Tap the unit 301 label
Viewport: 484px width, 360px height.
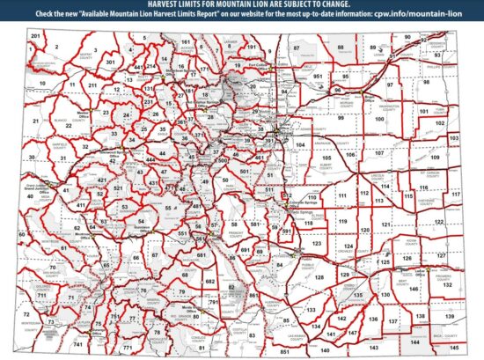coord(110,63)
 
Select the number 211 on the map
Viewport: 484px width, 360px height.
coord(92,85)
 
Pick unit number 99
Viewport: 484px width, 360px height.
coord(341,117)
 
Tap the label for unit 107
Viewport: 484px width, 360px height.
coord(379,152)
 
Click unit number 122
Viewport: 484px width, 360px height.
coord(438,223)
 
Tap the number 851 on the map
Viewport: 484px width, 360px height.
coord(284,351)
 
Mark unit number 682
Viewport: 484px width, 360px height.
coord(210,280)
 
